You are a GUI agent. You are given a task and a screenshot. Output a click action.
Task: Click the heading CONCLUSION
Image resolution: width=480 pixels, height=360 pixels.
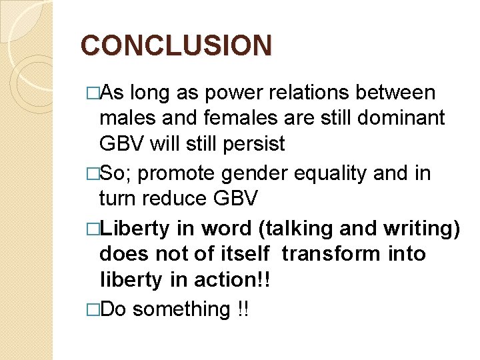[x=176, y=46]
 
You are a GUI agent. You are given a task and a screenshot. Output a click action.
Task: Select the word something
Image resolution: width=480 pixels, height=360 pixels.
[x=181, y=309]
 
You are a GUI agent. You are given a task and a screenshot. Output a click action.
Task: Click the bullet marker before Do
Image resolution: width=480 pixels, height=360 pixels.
[x=92, y=309]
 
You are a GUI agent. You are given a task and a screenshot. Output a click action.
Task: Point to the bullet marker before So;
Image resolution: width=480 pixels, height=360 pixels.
[x=92, y=173]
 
